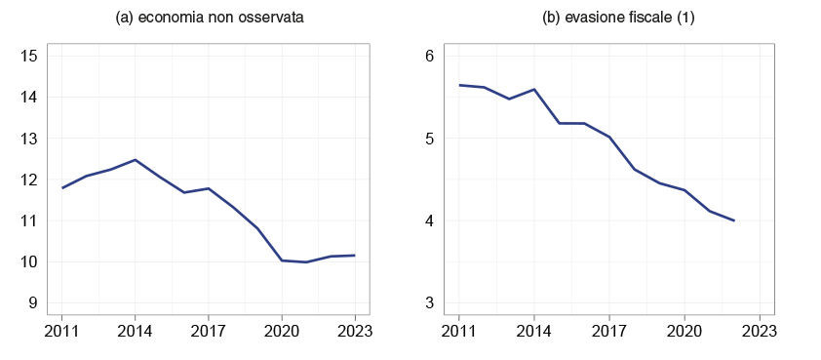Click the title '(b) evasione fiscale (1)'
[618, 19]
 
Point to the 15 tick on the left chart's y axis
[28, 57]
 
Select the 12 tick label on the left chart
[28, 180]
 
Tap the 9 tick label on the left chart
[32, 303]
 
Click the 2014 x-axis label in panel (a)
[135, 330]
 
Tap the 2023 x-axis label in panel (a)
[354, 330]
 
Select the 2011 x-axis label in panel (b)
[459, 330]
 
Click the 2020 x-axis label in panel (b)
[684, 330]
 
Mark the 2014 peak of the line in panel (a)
[135, 160]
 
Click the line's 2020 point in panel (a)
[281, 260]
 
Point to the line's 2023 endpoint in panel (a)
[354, 256]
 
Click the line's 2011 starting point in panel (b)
[459, 85]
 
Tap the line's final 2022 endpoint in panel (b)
[733, 220]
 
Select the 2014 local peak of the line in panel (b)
[533, 89]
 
